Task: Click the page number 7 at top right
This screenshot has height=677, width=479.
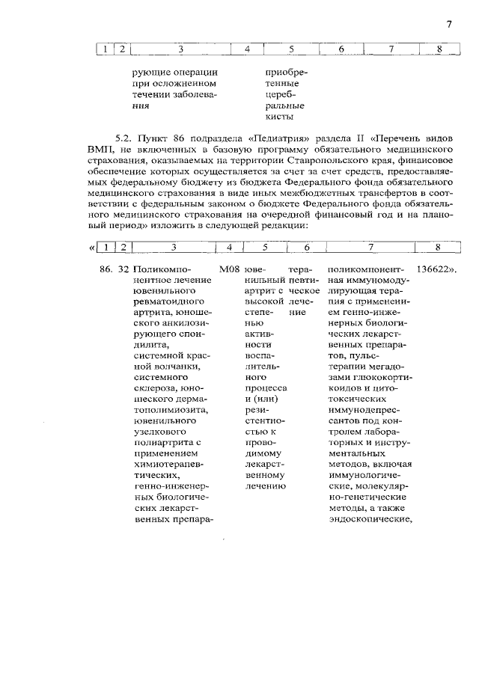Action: [448, 24]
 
